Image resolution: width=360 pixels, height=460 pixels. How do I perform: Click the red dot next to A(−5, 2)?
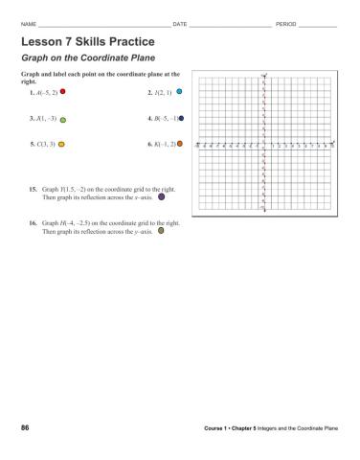point(62,94)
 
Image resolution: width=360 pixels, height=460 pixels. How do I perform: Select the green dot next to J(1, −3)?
point(62,120)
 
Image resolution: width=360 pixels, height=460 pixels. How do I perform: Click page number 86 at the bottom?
point(25,425)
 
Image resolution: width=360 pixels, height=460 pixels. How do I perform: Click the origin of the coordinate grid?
point(262,147)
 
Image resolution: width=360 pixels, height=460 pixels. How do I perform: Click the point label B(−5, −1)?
point(163,119)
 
